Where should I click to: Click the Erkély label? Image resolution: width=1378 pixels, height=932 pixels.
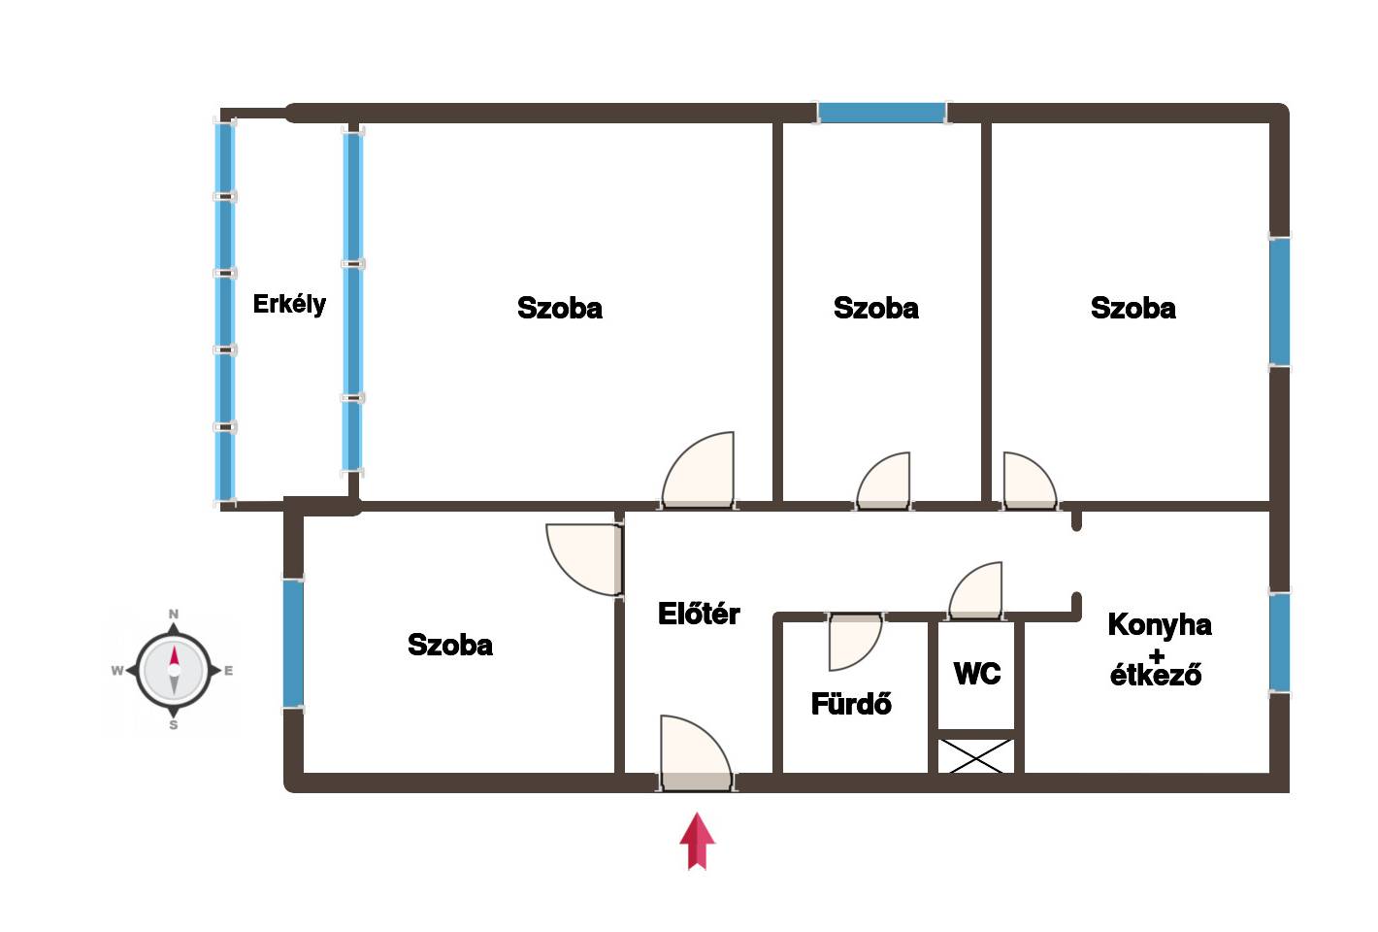pos(289,305)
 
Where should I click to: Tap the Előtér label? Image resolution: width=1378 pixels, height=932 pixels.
pos(699,614)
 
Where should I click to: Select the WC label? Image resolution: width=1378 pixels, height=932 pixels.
pos(977,674)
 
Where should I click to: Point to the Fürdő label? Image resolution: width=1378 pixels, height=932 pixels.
pos(851,704)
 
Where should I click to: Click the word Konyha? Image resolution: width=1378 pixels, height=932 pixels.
pos(1160,625)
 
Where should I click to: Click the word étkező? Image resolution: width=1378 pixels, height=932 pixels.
pos(1156,675)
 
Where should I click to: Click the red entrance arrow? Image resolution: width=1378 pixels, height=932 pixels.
pos(697,841)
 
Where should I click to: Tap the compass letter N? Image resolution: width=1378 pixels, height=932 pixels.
pos(174,614)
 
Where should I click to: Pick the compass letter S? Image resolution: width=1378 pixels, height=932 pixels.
pos(174,725)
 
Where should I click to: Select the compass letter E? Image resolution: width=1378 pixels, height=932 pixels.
pos(229,671)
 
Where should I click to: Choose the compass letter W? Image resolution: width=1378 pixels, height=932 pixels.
pos(116,671)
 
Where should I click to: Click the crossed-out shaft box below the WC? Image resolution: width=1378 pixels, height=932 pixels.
pos(976,756)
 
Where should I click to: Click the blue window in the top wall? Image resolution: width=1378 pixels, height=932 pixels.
pos(881,113)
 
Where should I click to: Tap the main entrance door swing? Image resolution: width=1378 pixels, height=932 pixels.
pos(697,752)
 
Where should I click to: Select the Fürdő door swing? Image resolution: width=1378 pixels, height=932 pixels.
pos(855,642)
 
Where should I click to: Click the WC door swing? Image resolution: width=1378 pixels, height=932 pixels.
pos(975,589)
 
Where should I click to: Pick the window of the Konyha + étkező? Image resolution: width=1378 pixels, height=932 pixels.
pos(1280,642)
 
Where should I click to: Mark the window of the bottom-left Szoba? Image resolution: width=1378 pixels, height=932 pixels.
pos(293,644)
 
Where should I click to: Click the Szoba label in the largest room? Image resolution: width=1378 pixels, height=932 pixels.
pos(559,308)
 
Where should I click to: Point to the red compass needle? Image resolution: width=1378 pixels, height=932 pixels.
pos(174,655)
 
